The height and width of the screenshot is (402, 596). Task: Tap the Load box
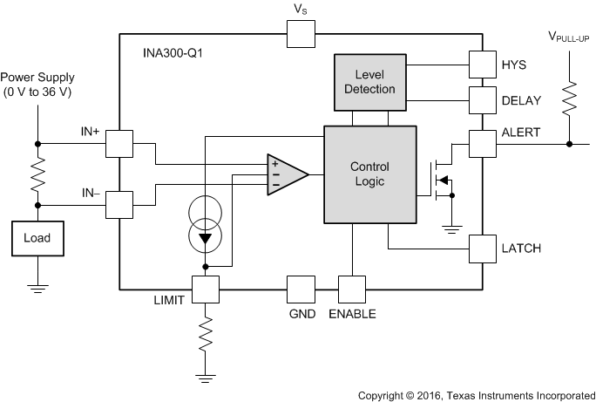(x=37, y=236)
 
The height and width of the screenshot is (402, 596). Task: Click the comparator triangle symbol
(x=287, y=174)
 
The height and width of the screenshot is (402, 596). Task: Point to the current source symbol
(x=206, y=224)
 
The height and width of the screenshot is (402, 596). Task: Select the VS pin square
(x=301, y=35)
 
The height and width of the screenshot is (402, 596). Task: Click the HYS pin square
(x=483, y=64)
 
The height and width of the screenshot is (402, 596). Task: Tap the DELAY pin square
(x=483, y=100)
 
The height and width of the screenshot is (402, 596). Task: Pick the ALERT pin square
(x=483, y=144)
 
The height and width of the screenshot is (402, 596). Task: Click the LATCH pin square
(x=483, y=249)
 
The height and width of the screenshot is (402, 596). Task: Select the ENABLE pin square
(x=353, y=290)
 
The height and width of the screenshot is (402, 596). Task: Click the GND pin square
(x=301, y=290)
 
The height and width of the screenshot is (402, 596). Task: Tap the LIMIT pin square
(x=206, y=290)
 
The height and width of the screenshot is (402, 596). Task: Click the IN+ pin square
(x=119, y=144)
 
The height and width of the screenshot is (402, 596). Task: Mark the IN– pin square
(x=119, y=205)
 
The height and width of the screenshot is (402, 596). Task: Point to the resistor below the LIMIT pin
(x=206, y=334)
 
